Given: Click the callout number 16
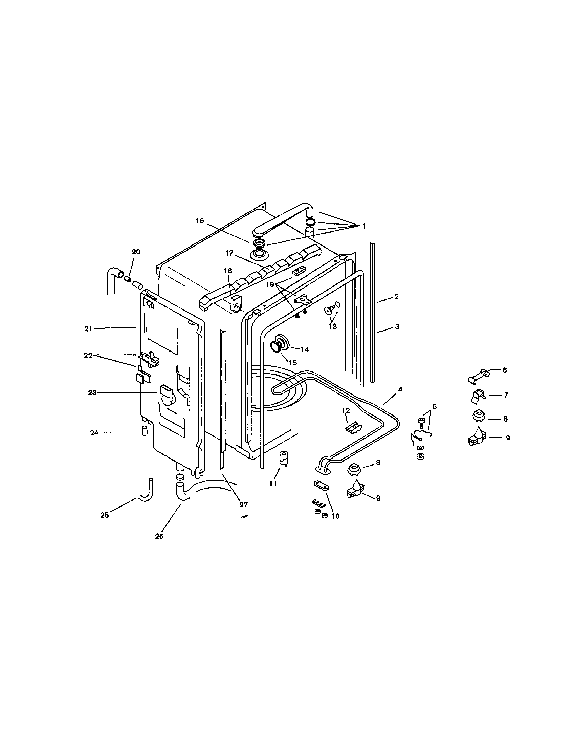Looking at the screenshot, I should (x=200, y=221).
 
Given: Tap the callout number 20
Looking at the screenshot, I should (x=136, y=252).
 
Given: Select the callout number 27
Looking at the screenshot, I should (x=243, y=505).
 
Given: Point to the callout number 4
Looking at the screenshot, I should (x=400, y=389).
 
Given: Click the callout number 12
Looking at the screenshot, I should (x=346, y=411).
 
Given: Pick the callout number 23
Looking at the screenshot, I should (x=92, y=392).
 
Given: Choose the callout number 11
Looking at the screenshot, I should (x=273, y=483).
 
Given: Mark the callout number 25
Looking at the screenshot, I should (x=104, y=515).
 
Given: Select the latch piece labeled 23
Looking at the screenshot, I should (x=166, y=391).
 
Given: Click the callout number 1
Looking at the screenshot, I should (x=364, y=226).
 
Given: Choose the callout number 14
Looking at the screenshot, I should (x=304, y=349).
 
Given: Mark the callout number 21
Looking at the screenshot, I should (x=89, y=328).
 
